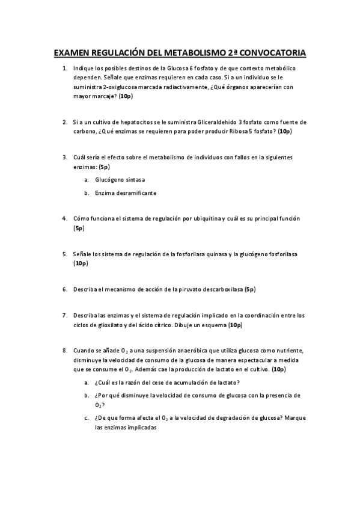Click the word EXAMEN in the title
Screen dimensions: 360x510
click(72, 54)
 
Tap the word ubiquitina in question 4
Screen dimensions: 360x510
click(201, 218)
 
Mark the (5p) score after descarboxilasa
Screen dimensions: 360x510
click(251, 289)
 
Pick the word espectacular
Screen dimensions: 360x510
click(232, 360)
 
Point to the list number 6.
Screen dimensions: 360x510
click(64, 289)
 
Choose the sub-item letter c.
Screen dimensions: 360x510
click(87, 417)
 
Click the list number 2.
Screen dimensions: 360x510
click(64, 122)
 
